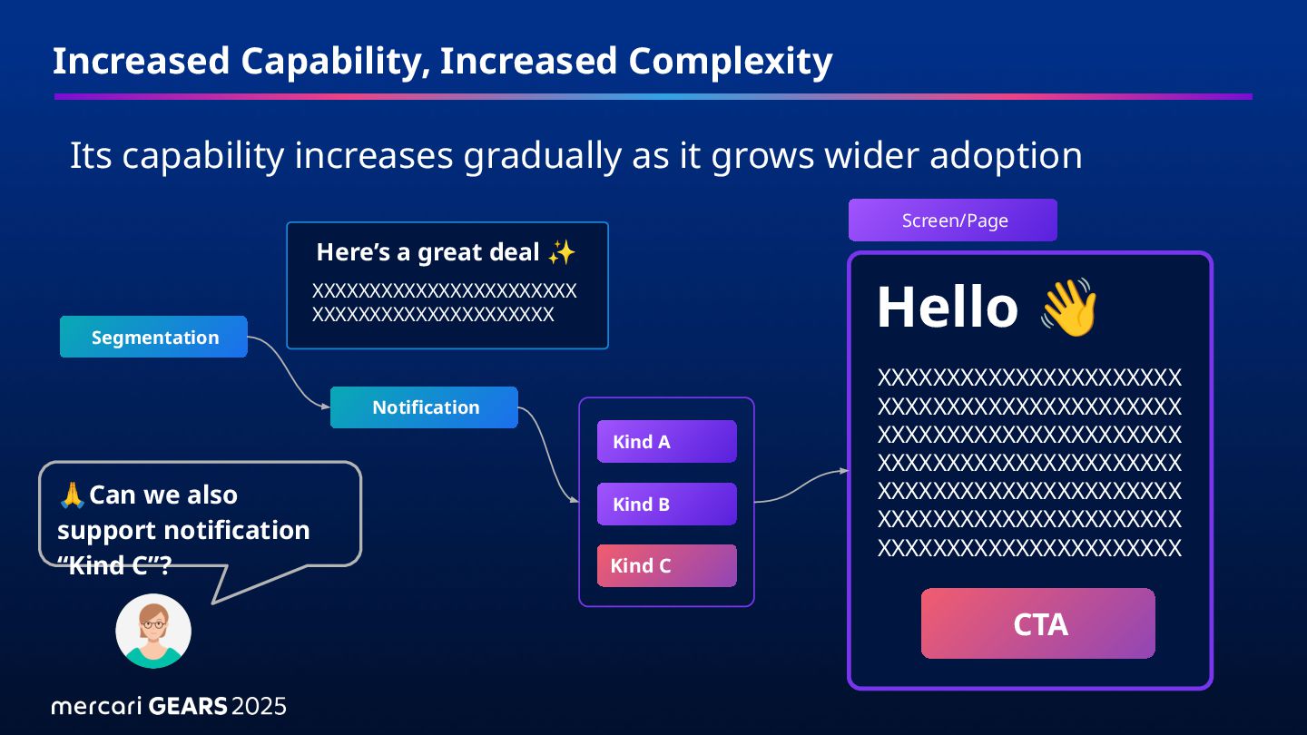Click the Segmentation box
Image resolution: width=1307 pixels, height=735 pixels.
(153, 337)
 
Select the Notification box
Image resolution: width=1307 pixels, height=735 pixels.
(424, 407)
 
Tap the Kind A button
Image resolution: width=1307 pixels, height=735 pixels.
(667, 442)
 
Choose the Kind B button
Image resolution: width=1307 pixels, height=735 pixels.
(667, 504)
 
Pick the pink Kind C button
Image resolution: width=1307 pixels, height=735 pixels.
(667, 565)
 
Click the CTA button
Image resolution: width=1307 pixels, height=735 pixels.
(1038, 623)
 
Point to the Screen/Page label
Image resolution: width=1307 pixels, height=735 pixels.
(953, 220)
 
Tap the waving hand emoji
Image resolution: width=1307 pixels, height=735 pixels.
(1069, 308)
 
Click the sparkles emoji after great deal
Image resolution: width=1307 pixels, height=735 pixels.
(562, 252)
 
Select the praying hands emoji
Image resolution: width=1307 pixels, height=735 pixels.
(73, 495)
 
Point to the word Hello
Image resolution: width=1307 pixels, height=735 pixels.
(948, 307)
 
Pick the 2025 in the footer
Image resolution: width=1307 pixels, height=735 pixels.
(259, 706)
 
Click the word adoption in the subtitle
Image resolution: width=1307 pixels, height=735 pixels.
(1006, 156)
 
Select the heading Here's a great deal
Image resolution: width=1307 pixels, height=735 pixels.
(427, 252)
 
